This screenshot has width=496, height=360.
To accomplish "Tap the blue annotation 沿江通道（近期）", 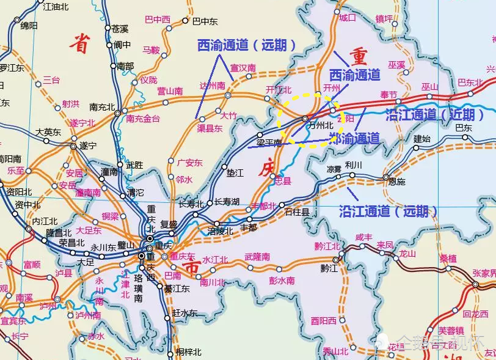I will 436,114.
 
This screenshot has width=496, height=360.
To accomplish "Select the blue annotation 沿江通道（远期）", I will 388,211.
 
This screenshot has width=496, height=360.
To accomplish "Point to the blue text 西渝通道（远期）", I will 247,45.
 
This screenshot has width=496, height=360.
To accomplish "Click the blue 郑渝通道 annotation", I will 355,138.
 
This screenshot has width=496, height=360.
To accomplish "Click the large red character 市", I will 191,268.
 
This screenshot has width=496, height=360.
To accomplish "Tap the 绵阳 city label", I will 29,26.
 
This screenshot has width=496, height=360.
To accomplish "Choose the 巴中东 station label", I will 205,21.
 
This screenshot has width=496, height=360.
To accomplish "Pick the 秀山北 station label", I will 335,351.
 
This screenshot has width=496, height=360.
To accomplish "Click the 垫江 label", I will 235,173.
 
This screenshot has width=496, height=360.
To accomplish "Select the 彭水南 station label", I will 282,281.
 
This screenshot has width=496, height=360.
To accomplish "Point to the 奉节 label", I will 388,95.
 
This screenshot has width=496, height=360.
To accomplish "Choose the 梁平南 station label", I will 269,142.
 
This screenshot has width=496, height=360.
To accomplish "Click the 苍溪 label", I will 120,29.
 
